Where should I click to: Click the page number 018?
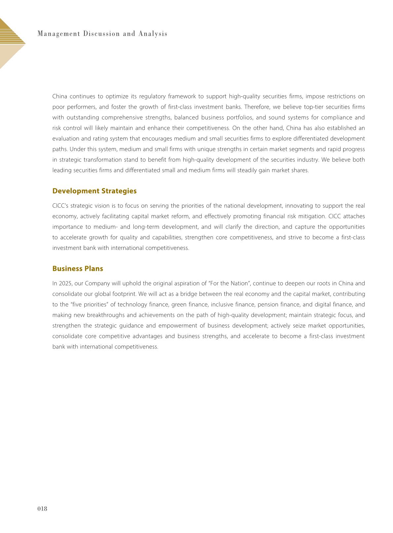pos(42,509)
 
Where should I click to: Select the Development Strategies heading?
pos(94,191)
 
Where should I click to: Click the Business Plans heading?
pos(78,269)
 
